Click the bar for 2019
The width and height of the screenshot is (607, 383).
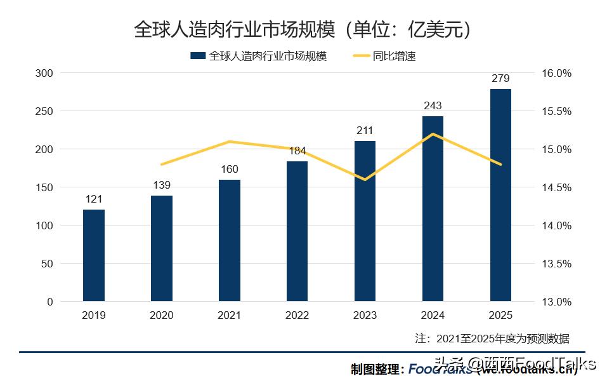94,255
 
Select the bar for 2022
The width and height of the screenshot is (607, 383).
297,231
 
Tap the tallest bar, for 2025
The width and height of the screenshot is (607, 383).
500,195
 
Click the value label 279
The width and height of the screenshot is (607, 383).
500,79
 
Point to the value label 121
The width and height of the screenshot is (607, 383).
94,199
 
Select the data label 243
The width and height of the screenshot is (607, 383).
433,105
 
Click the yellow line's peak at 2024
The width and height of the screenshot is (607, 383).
433,134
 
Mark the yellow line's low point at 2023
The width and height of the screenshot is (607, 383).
365,180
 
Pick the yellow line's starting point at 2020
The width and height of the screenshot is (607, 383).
162,165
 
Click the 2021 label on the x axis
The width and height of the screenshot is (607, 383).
229,315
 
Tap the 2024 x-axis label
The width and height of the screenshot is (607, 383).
433,315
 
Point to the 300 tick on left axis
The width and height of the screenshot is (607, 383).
44,73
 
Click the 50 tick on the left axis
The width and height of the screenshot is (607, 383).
47,264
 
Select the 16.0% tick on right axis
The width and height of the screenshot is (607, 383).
556,73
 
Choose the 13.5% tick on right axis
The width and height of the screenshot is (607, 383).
556,264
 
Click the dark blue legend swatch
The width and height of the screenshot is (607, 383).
198,56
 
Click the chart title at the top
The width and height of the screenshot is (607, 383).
303,29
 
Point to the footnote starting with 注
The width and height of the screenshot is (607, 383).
492,338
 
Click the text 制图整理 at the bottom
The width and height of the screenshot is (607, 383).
377,369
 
